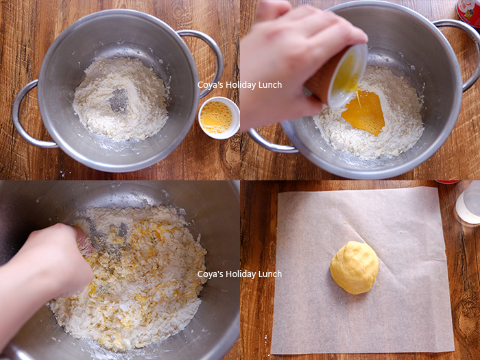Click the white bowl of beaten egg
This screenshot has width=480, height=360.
(219, 118)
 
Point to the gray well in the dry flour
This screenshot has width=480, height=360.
(119, 100)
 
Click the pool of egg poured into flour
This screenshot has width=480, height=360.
(364, 112)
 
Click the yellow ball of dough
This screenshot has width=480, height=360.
(355, 267)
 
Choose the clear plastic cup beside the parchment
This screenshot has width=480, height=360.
(468, 203)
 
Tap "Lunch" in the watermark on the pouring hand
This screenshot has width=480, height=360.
(270, 85)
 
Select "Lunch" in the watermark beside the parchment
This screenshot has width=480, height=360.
(270, 274)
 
